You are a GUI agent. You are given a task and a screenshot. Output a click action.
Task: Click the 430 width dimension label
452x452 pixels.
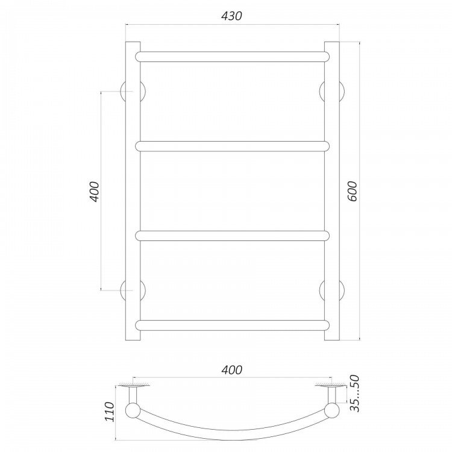(x=232, y=16)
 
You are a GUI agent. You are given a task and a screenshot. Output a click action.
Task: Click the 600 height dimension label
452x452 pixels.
(x=352, y=192)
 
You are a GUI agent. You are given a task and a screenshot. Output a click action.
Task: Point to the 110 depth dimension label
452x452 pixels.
(x=110, y=412)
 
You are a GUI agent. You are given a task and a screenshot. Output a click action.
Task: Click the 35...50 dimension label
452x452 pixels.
(x=354, y=393)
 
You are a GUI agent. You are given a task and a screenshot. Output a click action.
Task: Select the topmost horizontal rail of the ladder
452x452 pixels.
(x=233, y=57)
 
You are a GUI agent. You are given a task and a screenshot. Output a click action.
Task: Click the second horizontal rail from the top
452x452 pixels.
(x=233, y=146)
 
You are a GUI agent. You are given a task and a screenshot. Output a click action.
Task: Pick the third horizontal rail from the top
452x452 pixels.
(x=233, y=236)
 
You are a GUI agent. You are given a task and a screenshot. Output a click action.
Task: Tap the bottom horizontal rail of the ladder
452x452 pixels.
(x=233, y=325)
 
